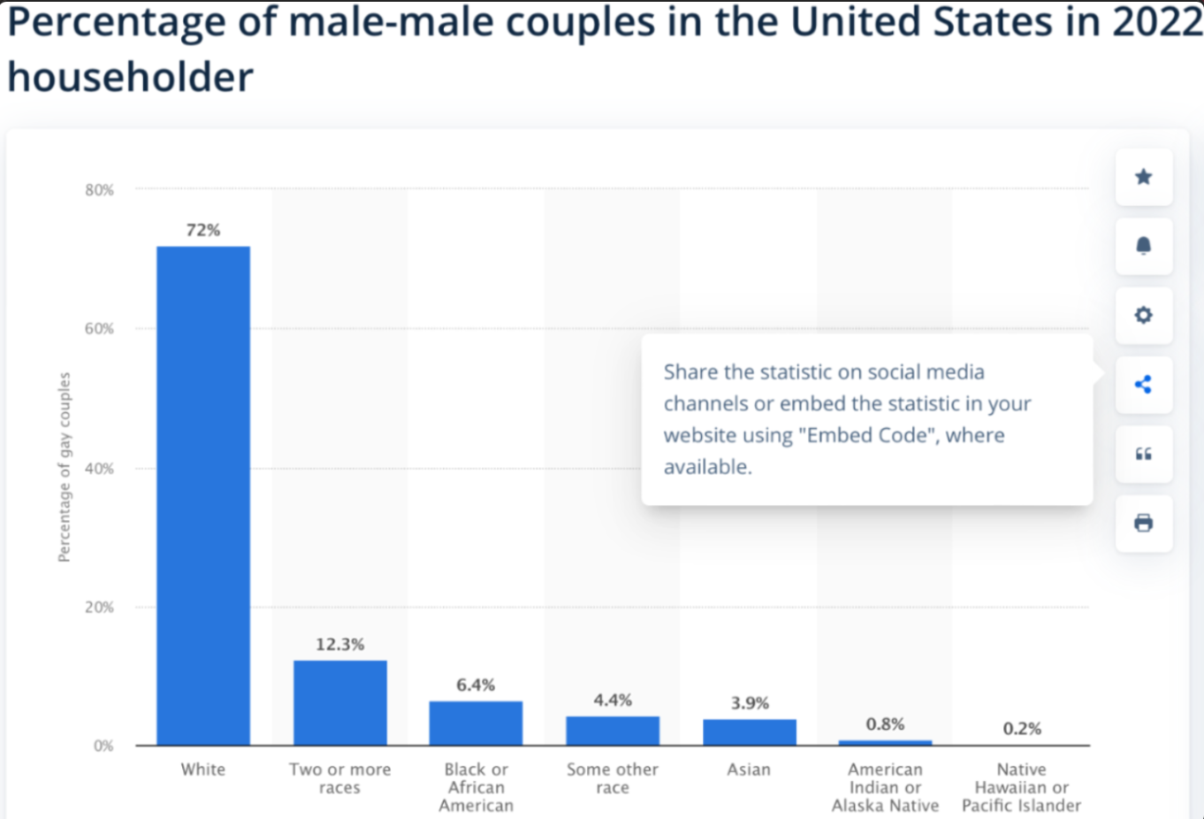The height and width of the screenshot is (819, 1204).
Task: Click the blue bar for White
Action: coord(203,495)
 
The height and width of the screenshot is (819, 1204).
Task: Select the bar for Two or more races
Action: coord(339,703)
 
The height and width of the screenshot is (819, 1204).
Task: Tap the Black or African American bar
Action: coord(476,723)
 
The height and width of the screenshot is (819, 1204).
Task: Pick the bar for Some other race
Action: coord(613,731)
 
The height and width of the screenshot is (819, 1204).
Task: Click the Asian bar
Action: coord(749,732)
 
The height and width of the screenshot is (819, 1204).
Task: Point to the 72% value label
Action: coord(203,230)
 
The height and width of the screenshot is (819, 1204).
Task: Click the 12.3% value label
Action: coord(339,644)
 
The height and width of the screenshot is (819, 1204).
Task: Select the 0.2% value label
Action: coord(1022,729)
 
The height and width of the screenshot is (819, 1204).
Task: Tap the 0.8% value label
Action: coord(885,724)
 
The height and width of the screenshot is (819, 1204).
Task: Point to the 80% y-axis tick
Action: coord(100,189)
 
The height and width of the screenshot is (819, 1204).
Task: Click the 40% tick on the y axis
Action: coord(100,469)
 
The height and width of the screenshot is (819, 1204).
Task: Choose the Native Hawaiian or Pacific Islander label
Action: coord(1021,787)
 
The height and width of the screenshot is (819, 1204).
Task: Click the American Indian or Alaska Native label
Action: coord(885,787)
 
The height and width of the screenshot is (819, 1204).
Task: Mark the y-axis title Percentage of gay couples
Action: coord(64,467)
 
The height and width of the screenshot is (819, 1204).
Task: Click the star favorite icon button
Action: coord(1143,177)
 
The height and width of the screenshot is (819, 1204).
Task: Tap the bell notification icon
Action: coord(1143,246)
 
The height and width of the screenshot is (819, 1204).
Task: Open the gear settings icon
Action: coord(1143,315)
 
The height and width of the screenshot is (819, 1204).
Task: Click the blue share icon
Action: coord(1143,385)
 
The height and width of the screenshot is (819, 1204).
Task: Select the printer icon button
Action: coord(1143,524)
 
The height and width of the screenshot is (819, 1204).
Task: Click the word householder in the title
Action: coord(130,77)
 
